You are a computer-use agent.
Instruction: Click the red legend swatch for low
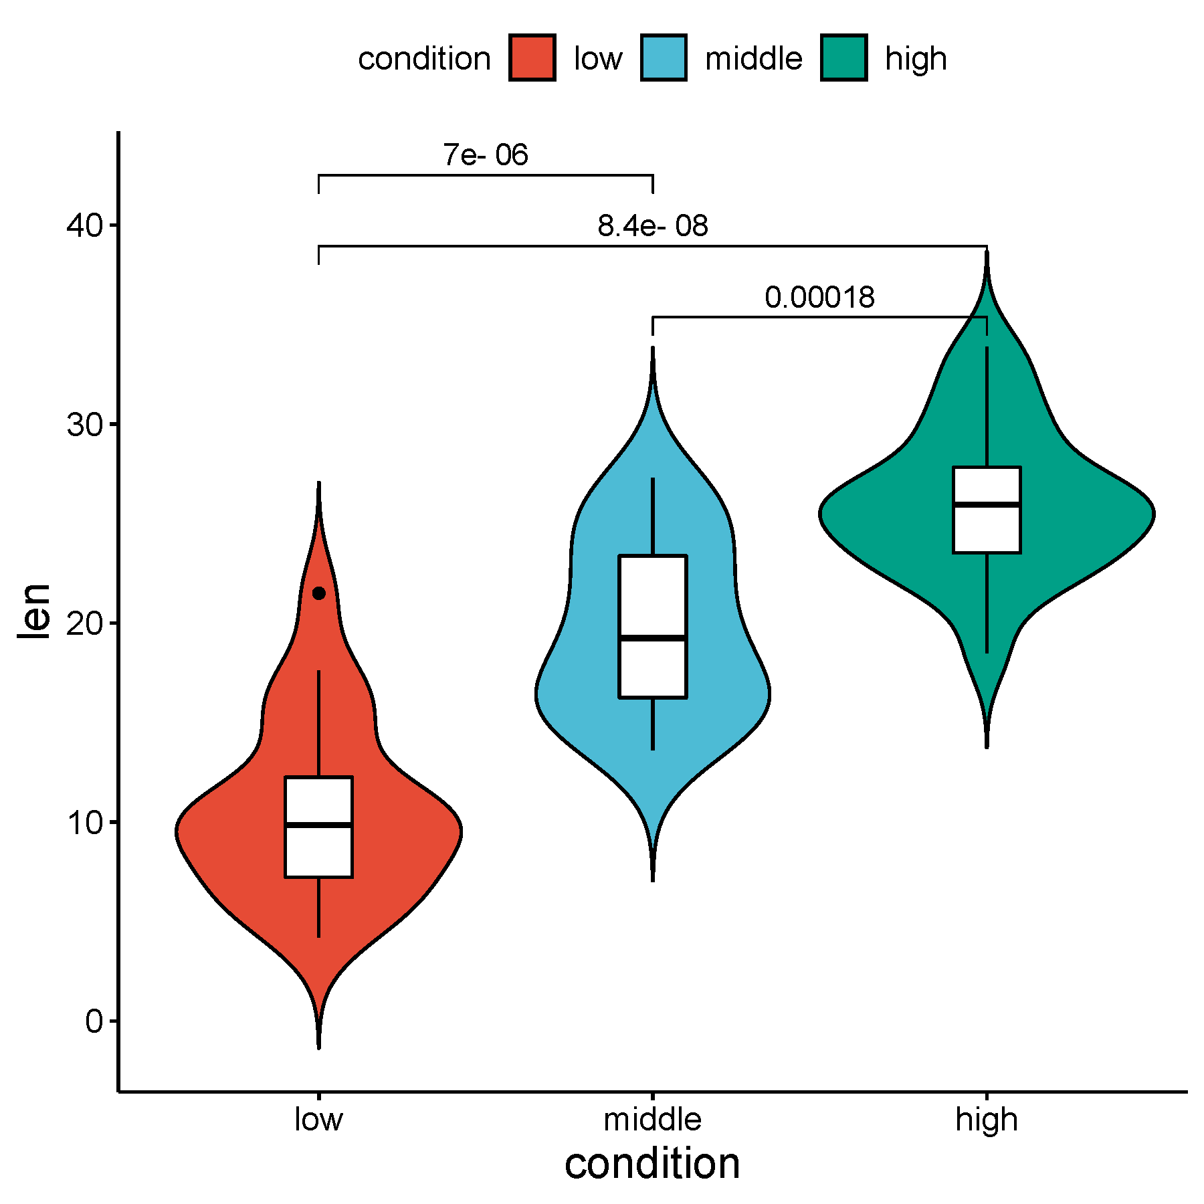pyautogui.click(x=532, y=58)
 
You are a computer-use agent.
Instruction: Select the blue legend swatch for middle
pyautogui.click(x=663, y=58)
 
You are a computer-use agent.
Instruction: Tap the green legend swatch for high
pyautogui.click(x=843, y=58)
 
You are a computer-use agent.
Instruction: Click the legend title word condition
pyautogui.click(x=424, y=59)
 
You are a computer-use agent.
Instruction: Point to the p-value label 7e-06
pyautogui.click(x=486, y=155)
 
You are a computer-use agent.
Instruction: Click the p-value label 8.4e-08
pyautogui.click(x=652, y=226)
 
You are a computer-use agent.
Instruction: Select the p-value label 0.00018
pyautogui.click(x=819, y=297)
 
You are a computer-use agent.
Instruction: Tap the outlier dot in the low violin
pyautogui.click(x=319, y=593)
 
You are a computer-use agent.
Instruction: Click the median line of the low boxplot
pyautogui.click(x=318, y=825)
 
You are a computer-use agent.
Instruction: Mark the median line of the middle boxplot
pyautogui.click(x=653, y=638)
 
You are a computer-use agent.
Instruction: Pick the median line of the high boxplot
pyautogui.click(x=987, y=504)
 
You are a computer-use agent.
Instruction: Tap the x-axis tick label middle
pyautogui.click(x=652, y=1120)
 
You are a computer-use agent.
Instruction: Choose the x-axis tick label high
pyautogui.click(x=987, y=1120)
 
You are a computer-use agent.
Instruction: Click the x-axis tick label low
pyautogui.click(x=318, y=1120)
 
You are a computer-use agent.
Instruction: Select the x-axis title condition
pyautogui.click(x=652, y=1164)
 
